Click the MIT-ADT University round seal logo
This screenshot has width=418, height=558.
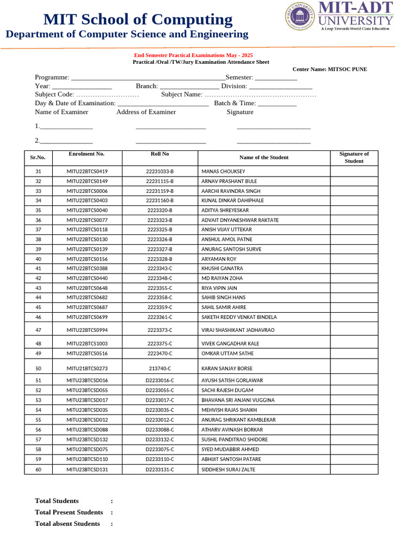pos(300,17)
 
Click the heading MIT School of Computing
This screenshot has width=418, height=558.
pos(138,20)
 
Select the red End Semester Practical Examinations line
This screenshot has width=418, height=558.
pos(193,56)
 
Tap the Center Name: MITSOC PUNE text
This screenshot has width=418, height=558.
pos(329,69)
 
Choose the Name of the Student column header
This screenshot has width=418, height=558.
pos(263,157)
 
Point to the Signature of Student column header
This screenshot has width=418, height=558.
pos(354,157)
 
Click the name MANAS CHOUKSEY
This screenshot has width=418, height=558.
pos(223,171)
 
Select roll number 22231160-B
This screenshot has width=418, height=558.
pos(159,201)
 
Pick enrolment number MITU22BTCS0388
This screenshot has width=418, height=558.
pos(87,269)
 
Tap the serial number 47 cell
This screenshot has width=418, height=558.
pos(38,330)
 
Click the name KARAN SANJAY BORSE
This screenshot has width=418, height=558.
pos(226,368)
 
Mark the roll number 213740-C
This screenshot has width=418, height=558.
pos(159,368)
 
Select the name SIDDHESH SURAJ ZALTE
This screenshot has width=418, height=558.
pos(228,469)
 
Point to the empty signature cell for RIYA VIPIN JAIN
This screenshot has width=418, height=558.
pos(354,288)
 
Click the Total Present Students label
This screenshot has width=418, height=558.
pos(69,512)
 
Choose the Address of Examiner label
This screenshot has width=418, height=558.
pos(146,112)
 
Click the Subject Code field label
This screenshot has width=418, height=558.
pos(54,94)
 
